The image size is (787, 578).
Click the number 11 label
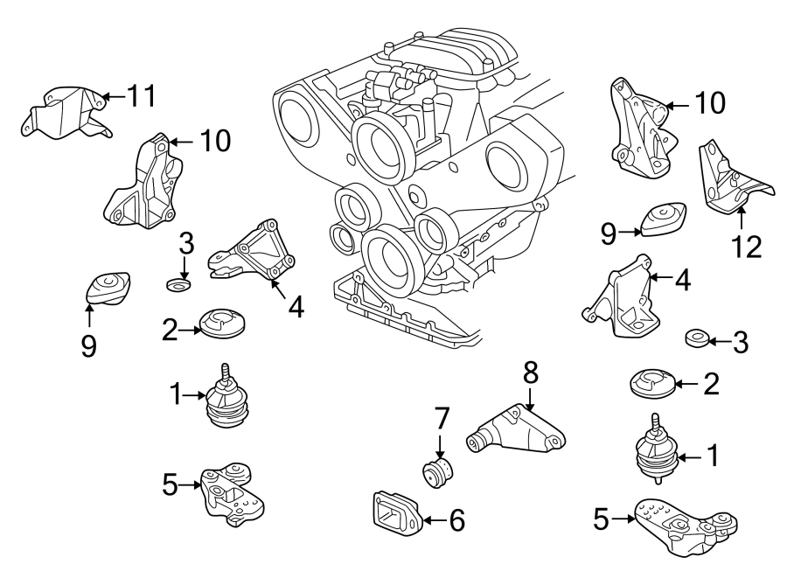[141, 96]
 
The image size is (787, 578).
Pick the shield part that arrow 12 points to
[729, 179]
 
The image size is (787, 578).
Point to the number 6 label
[456, 521]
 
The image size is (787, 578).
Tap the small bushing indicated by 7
[438, 472]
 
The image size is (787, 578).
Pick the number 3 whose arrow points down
[185, 242]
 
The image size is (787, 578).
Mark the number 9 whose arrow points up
[88, 346]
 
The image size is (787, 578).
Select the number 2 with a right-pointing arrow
[171, 329]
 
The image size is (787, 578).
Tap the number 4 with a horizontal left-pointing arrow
[682, 280]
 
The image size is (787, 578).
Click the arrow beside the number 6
[435, 522]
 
